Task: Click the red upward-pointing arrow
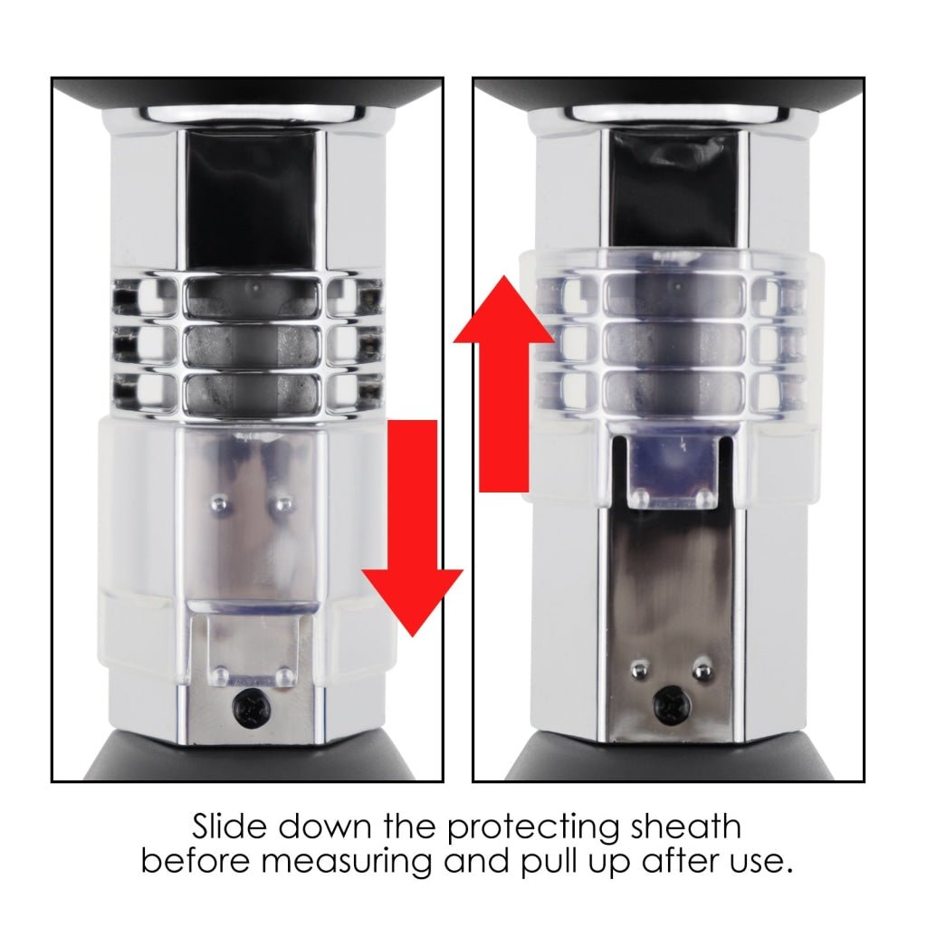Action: tap(503, 384)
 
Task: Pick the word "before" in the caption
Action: tap(196, 862)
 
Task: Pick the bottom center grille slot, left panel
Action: tap(254, 393)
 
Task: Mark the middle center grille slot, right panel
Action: tap(674, 344)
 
